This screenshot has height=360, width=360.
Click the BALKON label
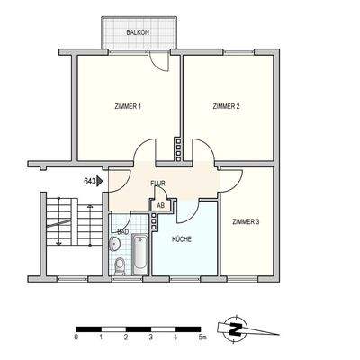point(138,33)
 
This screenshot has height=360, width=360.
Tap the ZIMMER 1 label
point(128,107)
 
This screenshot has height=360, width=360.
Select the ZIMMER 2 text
point(226,107)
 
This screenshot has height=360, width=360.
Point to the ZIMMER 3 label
point(245,221)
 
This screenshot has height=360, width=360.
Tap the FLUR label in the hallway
point(157,184)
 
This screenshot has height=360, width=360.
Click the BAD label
point(121,231)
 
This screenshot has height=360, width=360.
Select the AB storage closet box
point(160,205)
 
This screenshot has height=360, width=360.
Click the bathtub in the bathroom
point(140,254)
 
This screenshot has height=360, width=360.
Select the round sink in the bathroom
point(120,244)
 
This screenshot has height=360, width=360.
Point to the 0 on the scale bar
point(76,337)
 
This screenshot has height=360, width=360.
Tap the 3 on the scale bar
point(150,337)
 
